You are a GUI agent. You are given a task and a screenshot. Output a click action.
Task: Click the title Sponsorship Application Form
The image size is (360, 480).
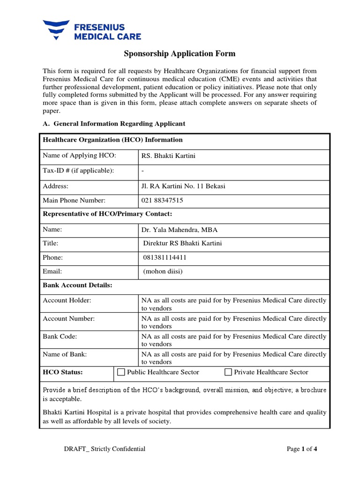point(180,54)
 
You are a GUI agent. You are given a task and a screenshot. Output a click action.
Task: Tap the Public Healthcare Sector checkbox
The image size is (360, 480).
point(121,372)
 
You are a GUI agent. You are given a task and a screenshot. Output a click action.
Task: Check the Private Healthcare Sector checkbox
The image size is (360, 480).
point(228,372)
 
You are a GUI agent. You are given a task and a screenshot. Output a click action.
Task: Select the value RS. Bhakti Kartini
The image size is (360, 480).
point(168,156)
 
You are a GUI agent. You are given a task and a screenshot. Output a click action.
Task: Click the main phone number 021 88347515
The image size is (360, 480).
point(162,201)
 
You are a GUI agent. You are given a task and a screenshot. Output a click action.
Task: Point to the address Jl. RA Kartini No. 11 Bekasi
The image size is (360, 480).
point(183,186)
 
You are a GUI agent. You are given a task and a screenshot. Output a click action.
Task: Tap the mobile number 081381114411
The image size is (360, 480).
point(167,258)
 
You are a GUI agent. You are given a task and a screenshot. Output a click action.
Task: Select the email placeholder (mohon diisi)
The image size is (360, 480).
point(163,271)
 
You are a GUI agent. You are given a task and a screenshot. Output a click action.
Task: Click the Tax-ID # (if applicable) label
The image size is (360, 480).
point(78,170)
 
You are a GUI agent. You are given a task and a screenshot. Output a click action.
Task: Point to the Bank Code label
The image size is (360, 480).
point(60,337)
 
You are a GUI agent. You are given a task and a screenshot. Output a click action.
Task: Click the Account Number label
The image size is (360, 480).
point(68,319)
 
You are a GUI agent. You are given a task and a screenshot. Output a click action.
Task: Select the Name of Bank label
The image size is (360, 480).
point(65,354)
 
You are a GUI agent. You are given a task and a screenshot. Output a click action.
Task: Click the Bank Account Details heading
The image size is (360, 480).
point(77,285)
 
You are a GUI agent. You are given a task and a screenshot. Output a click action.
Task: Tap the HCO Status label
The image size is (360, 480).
point(63,372)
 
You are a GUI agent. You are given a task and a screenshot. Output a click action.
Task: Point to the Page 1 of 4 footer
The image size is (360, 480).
point(302,449)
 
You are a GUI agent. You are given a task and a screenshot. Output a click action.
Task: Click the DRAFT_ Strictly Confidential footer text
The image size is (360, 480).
point(105,449)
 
